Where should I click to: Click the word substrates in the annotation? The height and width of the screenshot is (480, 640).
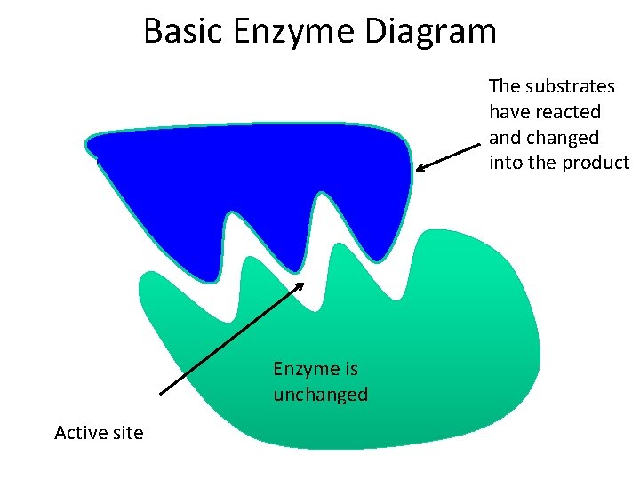coord(571,86)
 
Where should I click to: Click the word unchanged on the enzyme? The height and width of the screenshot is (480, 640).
coord(320,395)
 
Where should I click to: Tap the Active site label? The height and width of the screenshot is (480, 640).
coord(99,433)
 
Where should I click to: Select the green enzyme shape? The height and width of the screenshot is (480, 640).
coord(427,356)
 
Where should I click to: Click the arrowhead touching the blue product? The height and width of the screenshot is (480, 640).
coord(420,167)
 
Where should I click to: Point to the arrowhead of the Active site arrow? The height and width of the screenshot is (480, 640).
coord(301,284)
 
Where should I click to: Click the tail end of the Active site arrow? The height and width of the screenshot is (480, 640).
coord(160,392)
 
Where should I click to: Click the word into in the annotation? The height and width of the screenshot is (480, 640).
coord(504,164)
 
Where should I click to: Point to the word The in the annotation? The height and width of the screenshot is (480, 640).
coord(504,86)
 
